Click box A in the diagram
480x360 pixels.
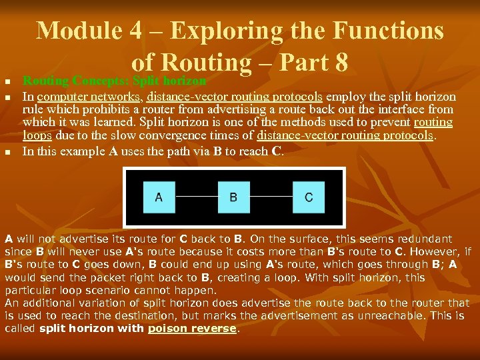tap(159, 197)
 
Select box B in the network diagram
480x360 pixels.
tap(233, 197)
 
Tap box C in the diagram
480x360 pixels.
tap(308, 197)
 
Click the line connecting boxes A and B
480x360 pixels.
tap(196, 197)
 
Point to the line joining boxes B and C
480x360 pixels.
tap(271, 197)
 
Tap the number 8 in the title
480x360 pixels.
tap(341, 62)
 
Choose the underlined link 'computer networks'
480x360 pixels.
tap(89, 97)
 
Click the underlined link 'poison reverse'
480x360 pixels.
tap(192, 329)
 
